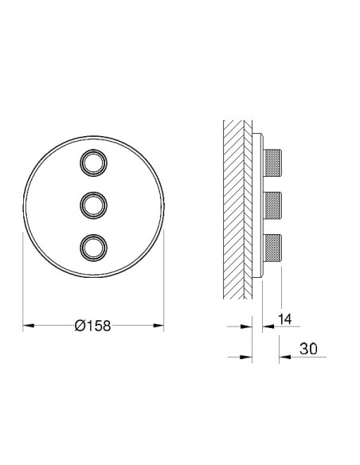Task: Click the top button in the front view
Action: tap(93, 163)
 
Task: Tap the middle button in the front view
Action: tap(93, 204)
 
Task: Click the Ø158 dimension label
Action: tap(92, 325)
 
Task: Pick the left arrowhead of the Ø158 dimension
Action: tap(27, 325)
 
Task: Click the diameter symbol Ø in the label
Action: tap(78, 325)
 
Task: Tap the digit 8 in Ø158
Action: tap(104, 325)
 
